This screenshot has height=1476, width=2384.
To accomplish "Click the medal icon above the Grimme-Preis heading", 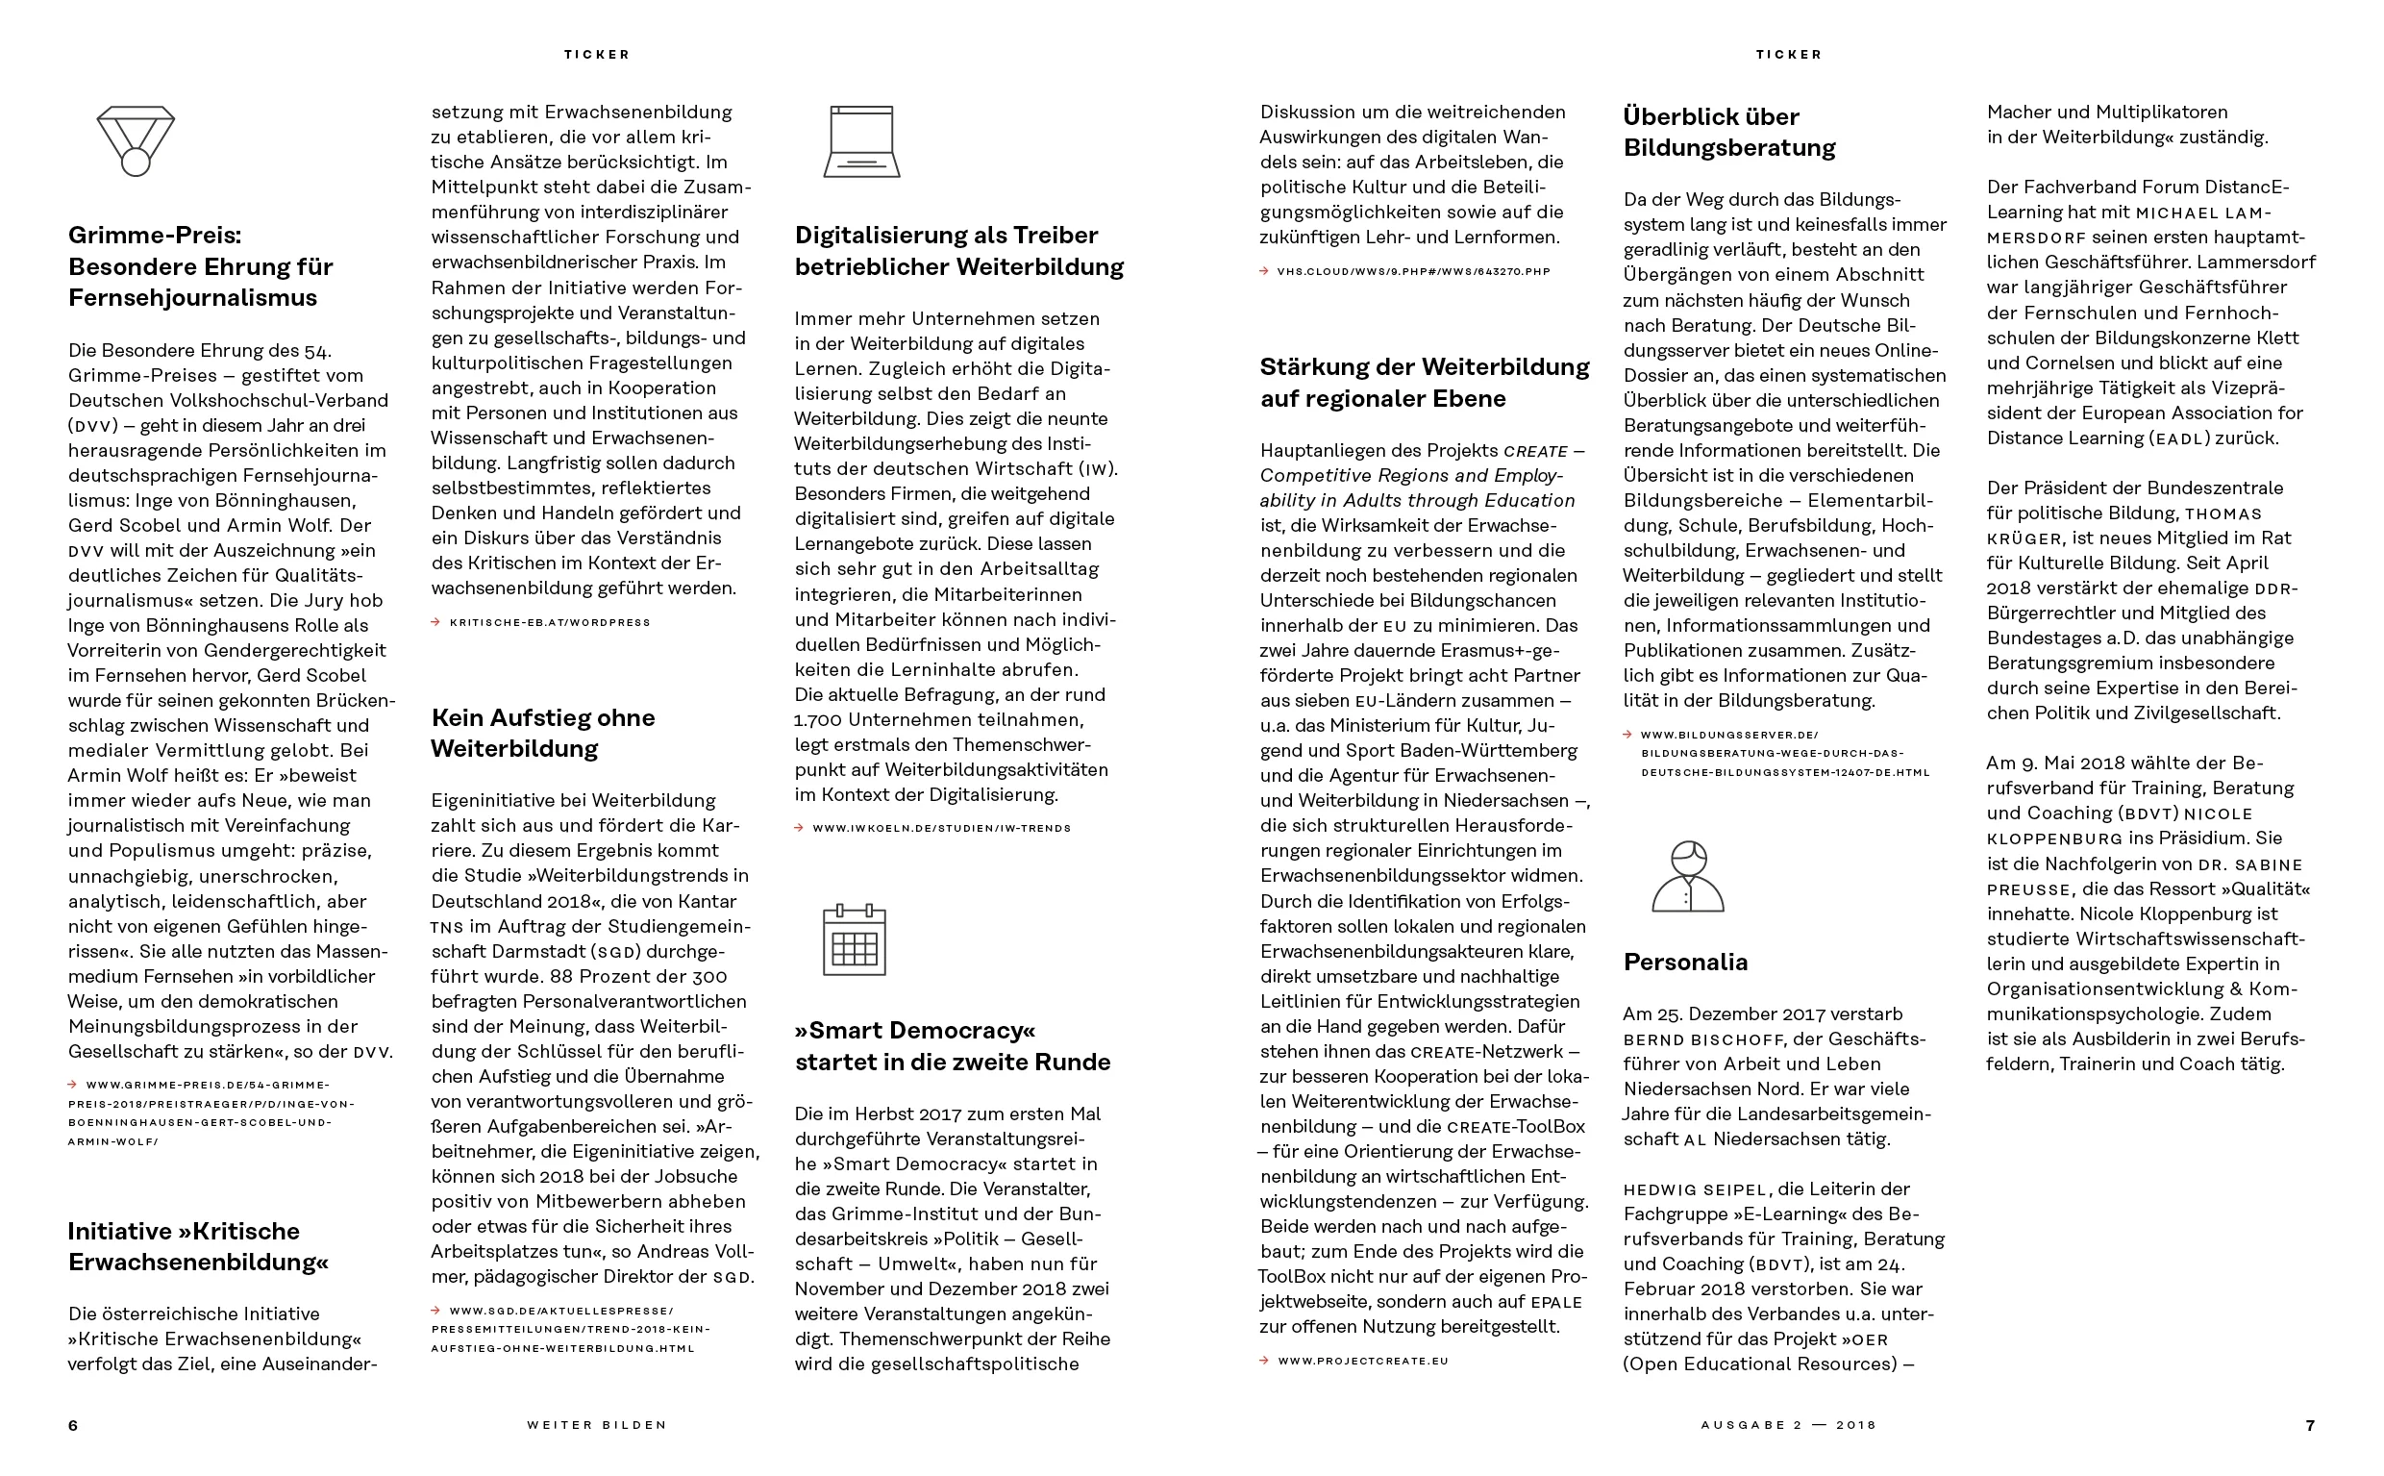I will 136,140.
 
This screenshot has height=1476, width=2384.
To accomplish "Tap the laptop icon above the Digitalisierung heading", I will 861,141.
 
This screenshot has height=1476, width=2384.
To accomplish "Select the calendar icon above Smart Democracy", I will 854,940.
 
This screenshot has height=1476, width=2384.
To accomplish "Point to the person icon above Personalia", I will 1687,877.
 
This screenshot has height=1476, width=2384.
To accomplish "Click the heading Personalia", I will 1685,962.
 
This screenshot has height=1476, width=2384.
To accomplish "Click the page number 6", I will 73,1425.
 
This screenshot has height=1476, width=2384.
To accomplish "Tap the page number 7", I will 2310,1425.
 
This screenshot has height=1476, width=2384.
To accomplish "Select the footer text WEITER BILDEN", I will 596,1425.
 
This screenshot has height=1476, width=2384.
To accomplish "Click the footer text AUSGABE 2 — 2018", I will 1788,1425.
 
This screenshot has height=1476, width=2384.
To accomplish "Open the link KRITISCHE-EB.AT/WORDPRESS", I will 550,623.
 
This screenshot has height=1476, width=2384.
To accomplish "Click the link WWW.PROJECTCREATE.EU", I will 1362,1361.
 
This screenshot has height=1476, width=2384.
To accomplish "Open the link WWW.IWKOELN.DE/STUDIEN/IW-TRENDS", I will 941,829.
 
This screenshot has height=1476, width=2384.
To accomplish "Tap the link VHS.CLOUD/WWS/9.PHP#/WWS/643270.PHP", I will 1412,272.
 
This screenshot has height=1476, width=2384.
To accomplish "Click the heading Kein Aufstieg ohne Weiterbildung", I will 542,733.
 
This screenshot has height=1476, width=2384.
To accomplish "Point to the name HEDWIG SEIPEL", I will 1695,1190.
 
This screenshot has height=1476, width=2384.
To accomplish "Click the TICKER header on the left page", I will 597,55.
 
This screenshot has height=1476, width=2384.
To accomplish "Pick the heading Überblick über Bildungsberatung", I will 1728,132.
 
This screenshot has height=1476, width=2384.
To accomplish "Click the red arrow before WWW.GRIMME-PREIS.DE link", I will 73,1085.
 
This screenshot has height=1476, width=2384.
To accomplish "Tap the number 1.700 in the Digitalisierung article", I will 819,720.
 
